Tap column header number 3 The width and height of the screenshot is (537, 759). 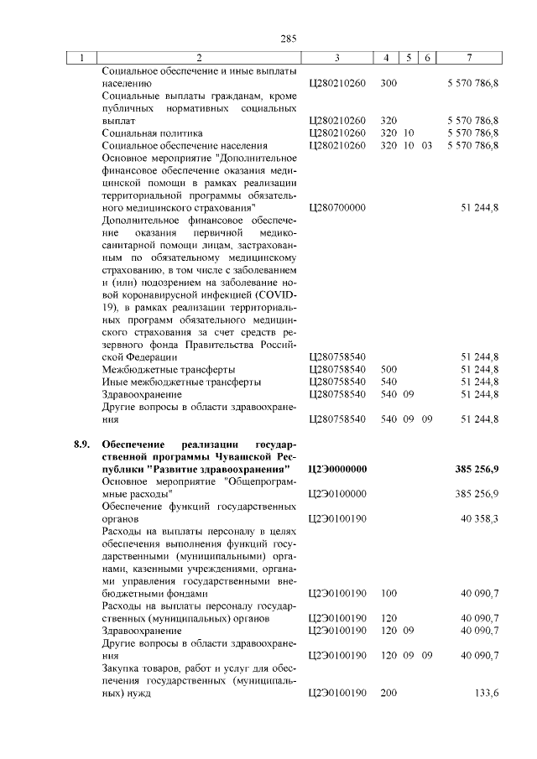tap(336, 58)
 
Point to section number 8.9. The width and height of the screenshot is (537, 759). tap(80, 444)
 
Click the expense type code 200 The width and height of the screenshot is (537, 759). tap(388, 694)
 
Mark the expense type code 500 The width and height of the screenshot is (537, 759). tap(388, 369)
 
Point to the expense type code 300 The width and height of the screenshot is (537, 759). tap(388, 84)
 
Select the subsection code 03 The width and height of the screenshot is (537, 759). tap(427, 146)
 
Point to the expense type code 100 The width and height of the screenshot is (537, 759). tap(388, 594)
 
